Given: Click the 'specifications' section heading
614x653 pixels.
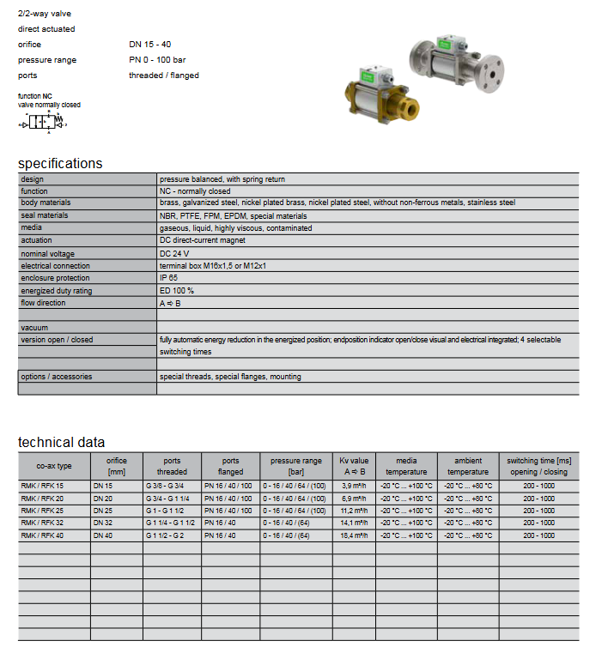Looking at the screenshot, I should pos(60,163).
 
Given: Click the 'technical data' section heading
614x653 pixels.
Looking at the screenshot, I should pos(61,442).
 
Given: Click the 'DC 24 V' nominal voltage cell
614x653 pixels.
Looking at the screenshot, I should pos(174,254).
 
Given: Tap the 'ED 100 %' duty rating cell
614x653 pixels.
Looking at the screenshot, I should pos(177,291).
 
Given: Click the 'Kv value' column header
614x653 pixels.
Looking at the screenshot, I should pos(353,466).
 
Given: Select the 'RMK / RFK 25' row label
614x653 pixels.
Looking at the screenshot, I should pos(42,511).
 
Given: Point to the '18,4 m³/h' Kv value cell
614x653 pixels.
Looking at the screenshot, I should pos(354,535).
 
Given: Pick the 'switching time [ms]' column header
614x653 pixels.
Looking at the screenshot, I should pos(538,466).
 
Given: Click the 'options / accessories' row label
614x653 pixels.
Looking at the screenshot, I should pos(57,377).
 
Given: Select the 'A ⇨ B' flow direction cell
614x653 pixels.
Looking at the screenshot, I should pos(170,303).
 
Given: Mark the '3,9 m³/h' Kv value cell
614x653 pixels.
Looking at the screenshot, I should pos(354,487).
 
